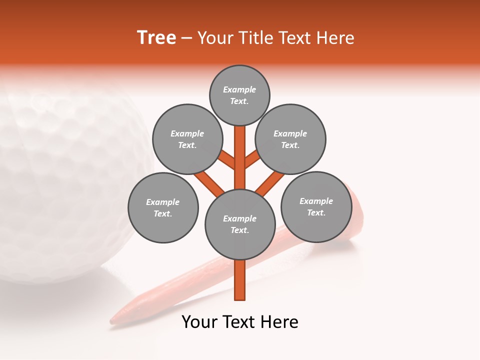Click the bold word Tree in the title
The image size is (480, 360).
point(156,38)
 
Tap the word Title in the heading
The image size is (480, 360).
point(255,38)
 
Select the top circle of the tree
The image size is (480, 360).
point(239,95)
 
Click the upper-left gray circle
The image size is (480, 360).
point(187,139)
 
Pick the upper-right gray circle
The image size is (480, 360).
point(290,139)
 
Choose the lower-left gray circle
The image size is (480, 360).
point(163,207)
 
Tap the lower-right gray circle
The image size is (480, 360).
point(316,206)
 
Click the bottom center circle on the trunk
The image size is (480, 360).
point(240,224)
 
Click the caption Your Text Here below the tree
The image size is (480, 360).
point(240,322)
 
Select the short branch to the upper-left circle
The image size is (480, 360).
point(227,160)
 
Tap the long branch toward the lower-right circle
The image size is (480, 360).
point(270,183)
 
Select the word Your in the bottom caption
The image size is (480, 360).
point(198,322)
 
